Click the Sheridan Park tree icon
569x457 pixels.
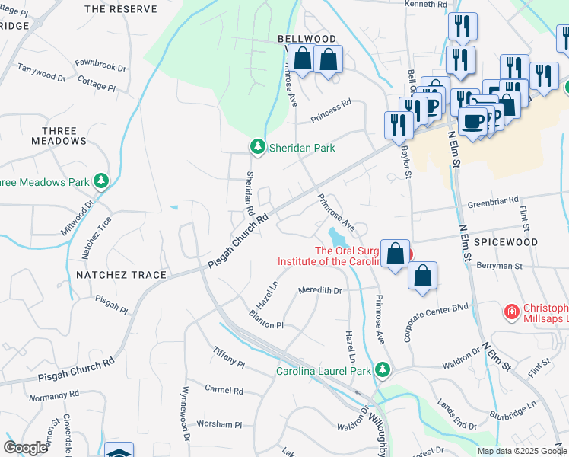(x=258, y=147)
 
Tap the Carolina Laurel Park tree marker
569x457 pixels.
(x=383, y=370)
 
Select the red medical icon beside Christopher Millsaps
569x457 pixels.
(x=513, y=312)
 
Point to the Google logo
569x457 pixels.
(x=25, y=448)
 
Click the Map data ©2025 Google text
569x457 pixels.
(x=521, y=451)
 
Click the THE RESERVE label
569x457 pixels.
(x=121, y=9)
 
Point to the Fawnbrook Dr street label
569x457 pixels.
(x=100, y=67)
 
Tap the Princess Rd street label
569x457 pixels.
(x=330, y=102)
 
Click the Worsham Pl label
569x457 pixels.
(x=219, y=424)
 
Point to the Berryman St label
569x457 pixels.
(x=500, y=267)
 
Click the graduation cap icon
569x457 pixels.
(x=119, y=451)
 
